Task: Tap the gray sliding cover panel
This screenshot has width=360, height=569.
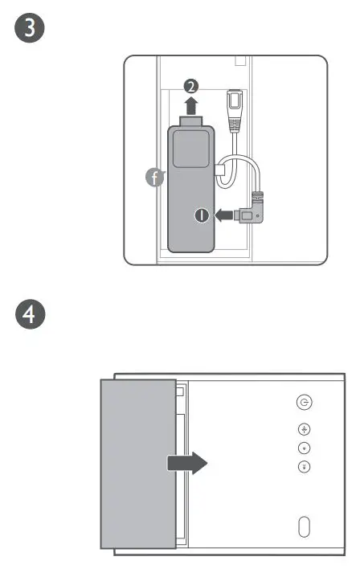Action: pyautogui.click(x=137, y=463)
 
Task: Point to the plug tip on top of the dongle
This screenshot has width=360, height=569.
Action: pyautogui.click(x=190, y=121)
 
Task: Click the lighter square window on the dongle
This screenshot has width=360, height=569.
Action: pyautogui.click(x=192, y=149)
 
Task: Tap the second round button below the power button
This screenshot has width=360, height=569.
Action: pyautogui.click(x=305, y=429)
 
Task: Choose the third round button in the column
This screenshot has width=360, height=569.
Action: pyautogui.click(x=305, y=448)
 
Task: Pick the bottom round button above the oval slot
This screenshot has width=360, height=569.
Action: pyautogui.click(x=305, y=466)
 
